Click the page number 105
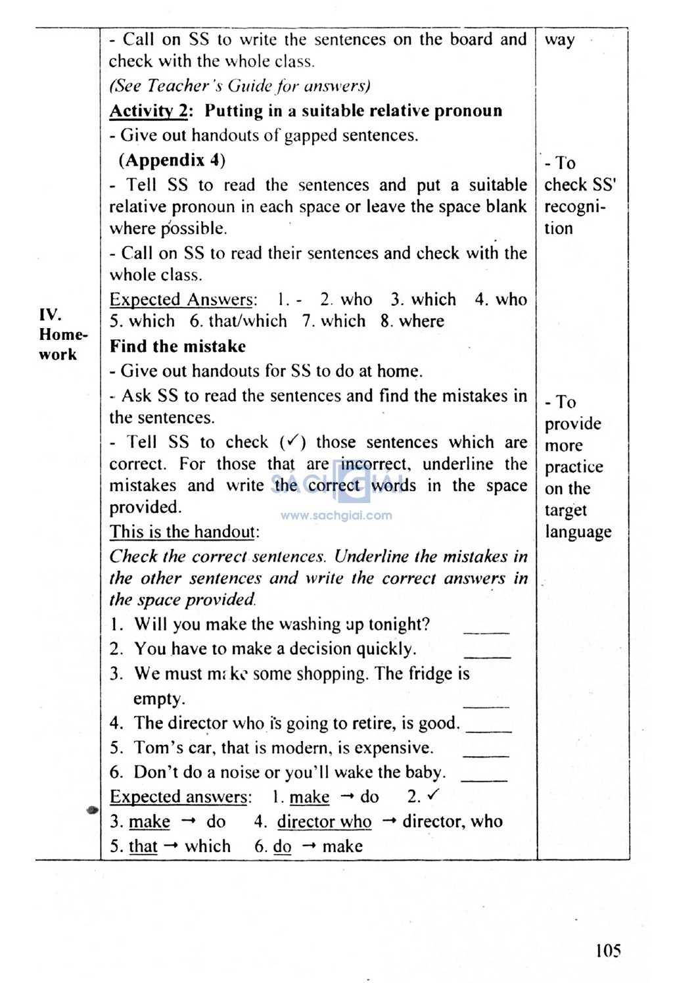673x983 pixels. pyautogui.click(x=608, y=950)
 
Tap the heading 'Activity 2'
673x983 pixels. pyautogui.click(x=149, y=110)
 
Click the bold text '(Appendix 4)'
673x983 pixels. pyautogui.click(x=172, y=160)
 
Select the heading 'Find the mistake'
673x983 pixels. pyautogui.click(x=177, y=347)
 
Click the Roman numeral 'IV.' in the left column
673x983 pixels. pyautogui.click(x=49, y=314)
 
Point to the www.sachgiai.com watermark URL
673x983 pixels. pyautogui.click(x=336, y=515)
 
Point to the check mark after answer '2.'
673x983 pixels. pyautogui.click(x=432, y=796)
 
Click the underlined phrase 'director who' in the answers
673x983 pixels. pyautogui.click(x=324, y=822)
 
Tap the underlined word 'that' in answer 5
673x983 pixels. pyautogui.click(x=143, y=846)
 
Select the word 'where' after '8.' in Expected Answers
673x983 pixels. pyautogui.click(x=421, y=322)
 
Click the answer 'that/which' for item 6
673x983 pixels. pyautogui.click(x=247, y=322)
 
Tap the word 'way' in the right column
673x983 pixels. pyautogui.click(x=559, y=39)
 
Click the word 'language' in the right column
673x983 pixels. pyautogui.click(x=578, y=532)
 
